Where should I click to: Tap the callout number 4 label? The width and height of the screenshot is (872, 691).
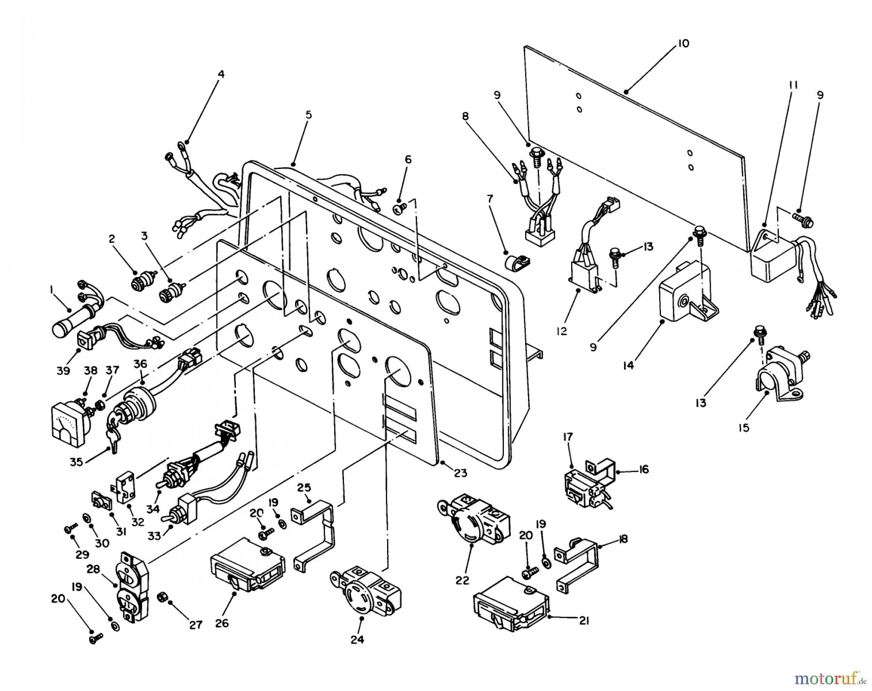point(221,75)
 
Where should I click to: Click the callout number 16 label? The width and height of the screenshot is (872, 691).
point(643,470)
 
